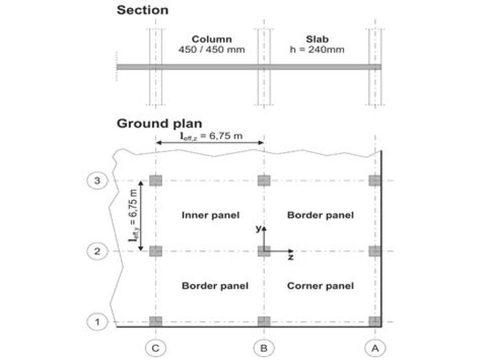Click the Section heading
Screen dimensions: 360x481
[142, 10]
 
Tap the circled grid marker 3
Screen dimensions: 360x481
[97, 181]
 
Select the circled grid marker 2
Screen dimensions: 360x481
[97, 251]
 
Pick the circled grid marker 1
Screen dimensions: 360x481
[97, 321]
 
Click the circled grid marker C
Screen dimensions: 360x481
[156, 347]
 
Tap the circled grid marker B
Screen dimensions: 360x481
[264, 347]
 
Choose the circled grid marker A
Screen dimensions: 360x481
[374, 347]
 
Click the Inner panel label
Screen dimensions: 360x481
[210, 214]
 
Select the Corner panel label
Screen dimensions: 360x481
[320, 286]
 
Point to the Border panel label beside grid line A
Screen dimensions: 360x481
[320, 214]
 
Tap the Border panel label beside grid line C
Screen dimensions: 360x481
[215, 286]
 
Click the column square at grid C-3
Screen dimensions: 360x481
[156, 180]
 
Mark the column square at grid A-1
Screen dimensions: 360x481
[374, 321]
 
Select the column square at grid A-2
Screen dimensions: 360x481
[374, 251]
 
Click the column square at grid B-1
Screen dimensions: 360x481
[264, 321]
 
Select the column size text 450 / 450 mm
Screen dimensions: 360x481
[211, 49]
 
